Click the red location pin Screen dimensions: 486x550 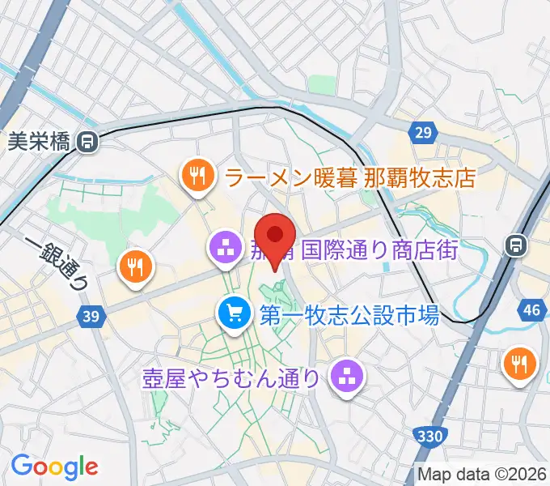coord(276,237)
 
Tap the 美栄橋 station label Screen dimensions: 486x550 coord(40,143)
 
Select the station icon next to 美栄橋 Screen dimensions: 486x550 coord(87,143)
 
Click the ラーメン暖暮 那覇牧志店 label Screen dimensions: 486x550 coord(349,177)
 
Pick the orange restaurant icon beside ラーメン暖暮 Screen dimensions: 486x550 coord(197,174)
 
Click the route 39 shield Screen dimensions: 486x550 coord(92,317)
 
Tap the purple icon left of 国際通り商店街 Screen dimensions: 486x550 coord(223,248)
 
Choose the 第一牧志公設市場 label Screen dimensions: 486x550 coord(349,314)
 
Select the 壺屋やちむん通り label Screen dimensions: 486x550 coord(231,378)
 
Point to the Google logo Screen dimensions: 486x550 coord(54,466)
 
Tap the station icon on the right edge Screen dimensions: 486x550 coord(513,243)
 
